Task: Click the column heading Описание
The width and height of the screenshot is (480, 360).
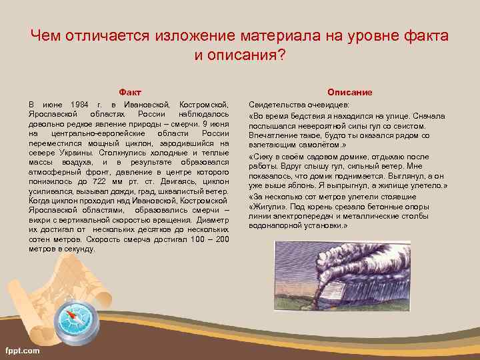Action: coord(349,91)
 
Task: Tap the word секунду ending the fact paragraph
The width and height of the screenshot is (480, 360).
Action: coord(79,248)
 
